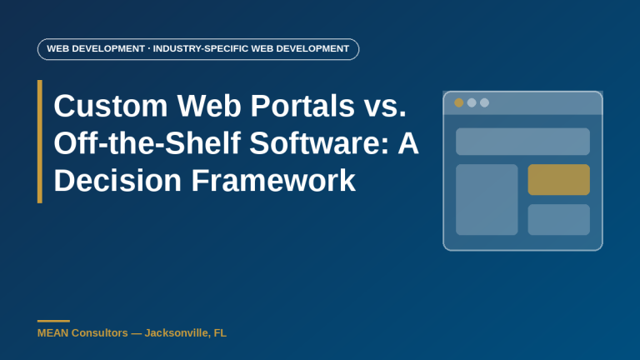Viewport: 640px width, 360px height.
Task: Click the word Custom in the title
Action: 111,106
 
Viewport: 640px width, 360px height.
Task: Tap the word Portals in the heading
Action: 302,106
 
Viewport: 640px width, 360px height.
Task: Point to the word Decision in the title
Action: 117,180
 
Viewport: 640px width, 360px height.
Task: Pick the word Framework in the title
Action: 273,180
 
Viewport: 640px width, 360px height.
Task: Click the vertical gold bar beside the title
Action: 40,142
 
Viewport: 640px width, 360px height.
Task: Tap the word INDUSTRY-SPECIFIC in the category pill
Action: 200,48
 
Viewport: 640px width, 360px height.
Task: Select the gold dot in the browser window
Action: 459,102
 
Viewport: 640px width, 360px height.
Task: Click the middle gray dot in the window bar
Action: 472,102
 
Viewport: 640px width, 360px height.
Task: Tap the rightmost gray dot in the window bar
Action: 484,102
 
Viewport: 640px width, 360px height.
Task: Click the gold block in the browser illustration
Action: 559,180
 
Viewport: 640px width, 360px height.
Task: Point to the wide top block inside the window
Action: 522,142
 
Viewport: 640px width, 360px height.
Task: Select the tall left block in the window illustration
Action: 487,200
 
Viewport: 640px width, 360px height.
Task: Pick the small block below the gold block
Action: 559,220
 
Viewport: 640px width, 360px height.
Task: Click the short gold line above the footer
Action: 53,321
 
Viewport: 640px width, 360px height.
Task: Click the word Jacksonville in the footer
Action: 177,333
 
